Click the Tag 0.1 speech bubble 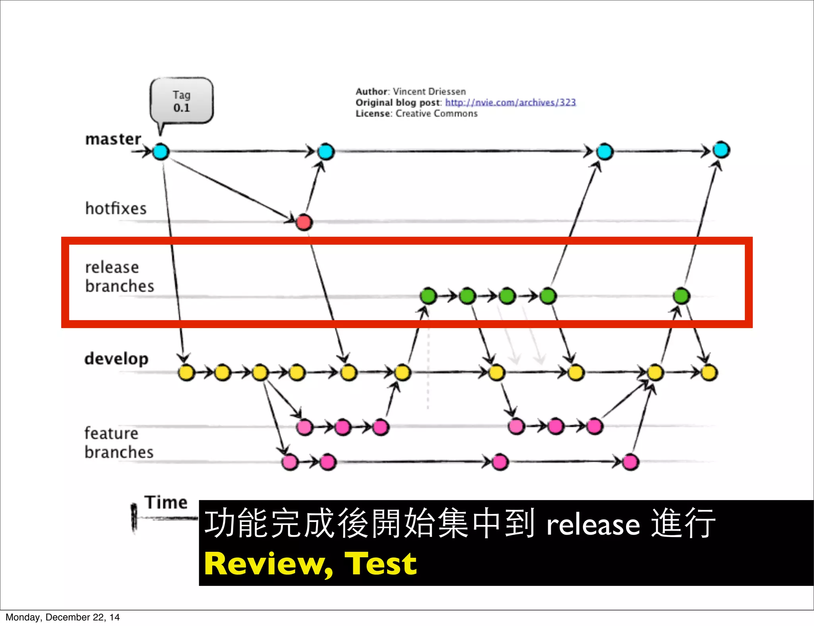[x=182, y=101]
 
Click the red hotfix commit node [x=304, y=222]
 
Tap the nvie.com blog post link [x=510, y=102]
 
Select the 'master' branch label [x=113, y=139]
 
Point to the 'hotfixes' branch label [x=116, y=209]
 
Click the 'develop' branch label [x=116, y=359]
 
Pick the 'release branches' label [x=119, y=276]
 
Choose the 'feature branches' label [x=119, y=442]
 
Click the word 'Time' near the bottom [x=166, y=502]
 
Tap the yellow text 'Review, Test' [x=310, y=564]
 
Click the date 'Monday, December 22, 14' [x=63, y=617]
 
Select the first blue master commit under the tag [x=161, y=152]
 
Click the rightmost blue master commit [x=721, y=150]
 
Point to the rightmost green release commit [x=681, y=296]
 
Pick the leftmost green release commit [x=428, y=296]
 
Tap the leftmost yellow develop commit [x=186, y=373]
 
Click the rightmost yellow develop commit [x=709, y=373]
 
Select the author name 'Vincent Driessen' [x=429, y=92]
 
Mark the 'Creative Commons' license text [x=436, y=114]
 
